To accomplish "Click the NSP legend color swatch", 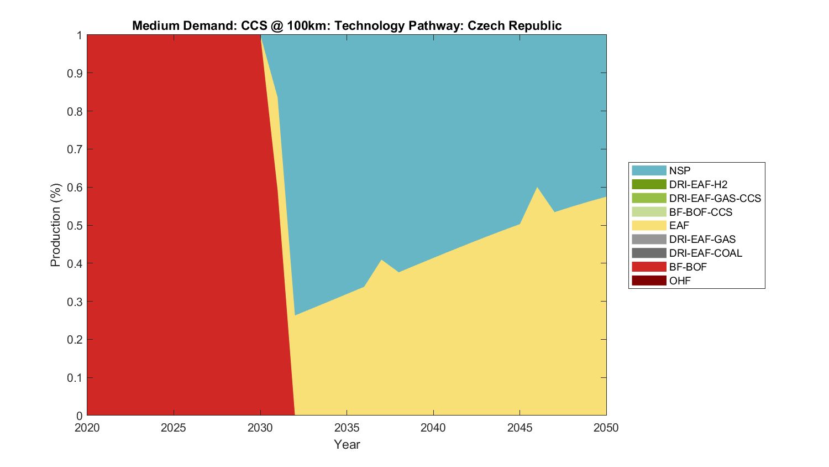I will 649,170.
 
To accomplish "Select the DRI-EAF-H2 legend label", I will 698,184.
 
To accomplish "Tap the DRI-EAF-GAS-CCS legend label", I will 715,198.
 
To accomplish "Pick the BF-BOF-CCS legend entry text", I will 700,212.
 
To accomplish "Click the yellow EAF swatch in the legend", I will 649,225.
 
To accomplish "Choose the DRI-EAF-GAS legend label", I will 702,239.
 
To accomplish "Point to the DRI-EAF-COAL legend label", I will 705,253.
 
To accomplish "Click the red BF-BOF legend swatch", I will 649,267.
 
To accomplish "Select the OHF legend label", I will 680,281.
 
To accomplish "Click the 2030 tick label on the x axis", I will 260,428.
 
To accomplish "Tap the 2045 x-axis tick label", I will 520,428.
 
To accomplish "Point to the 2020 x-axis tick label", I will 87,428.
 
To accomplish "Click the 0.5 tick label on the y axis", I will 75,225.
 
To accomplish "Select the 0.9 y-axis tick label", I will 75,73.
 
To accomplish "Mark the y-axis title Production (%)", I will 55,225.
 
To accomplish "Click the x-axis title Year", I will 347,444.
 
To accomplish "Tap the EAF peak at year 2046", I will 537,188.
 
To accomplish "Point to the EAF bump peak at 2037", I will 381,260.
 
